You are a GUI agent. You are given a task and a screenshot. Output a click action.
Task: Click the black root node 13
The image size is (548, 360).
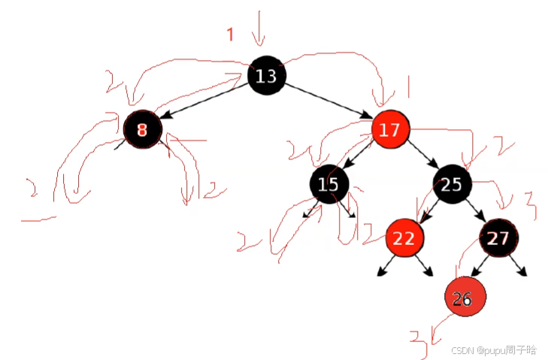coord(266,75)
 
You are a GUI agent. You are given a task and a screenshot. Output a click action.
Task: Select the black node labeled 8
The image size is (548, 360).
coord(143,129)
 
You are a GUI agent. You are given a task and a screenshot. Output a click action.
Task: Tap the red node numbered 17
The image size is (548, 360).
coord(390,129)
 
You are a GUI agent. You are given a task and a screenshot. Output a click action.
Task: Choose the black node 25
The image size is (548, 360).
coord(451,183)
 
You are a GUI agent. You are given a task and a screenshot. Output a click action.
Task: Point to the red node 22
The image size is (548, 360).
coord(404,238)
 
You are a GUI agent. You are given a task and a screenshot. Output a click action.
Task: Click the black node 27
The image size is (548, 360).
coord(498,238)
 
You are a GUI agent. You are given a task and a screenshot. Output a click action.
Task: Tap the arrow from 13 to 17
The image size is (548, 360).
coord(328,102)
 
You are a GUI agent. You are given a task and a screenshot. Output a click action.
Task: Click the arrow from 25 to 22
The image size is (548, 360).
coord(428,211)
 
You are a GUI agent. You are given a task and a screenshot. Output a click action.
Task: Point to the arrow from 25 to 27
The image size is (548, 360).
coord(474,211)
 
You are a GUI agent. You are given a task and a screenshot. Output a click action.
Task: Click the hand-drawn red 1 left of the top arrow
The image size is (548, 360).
coord(232,35)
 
